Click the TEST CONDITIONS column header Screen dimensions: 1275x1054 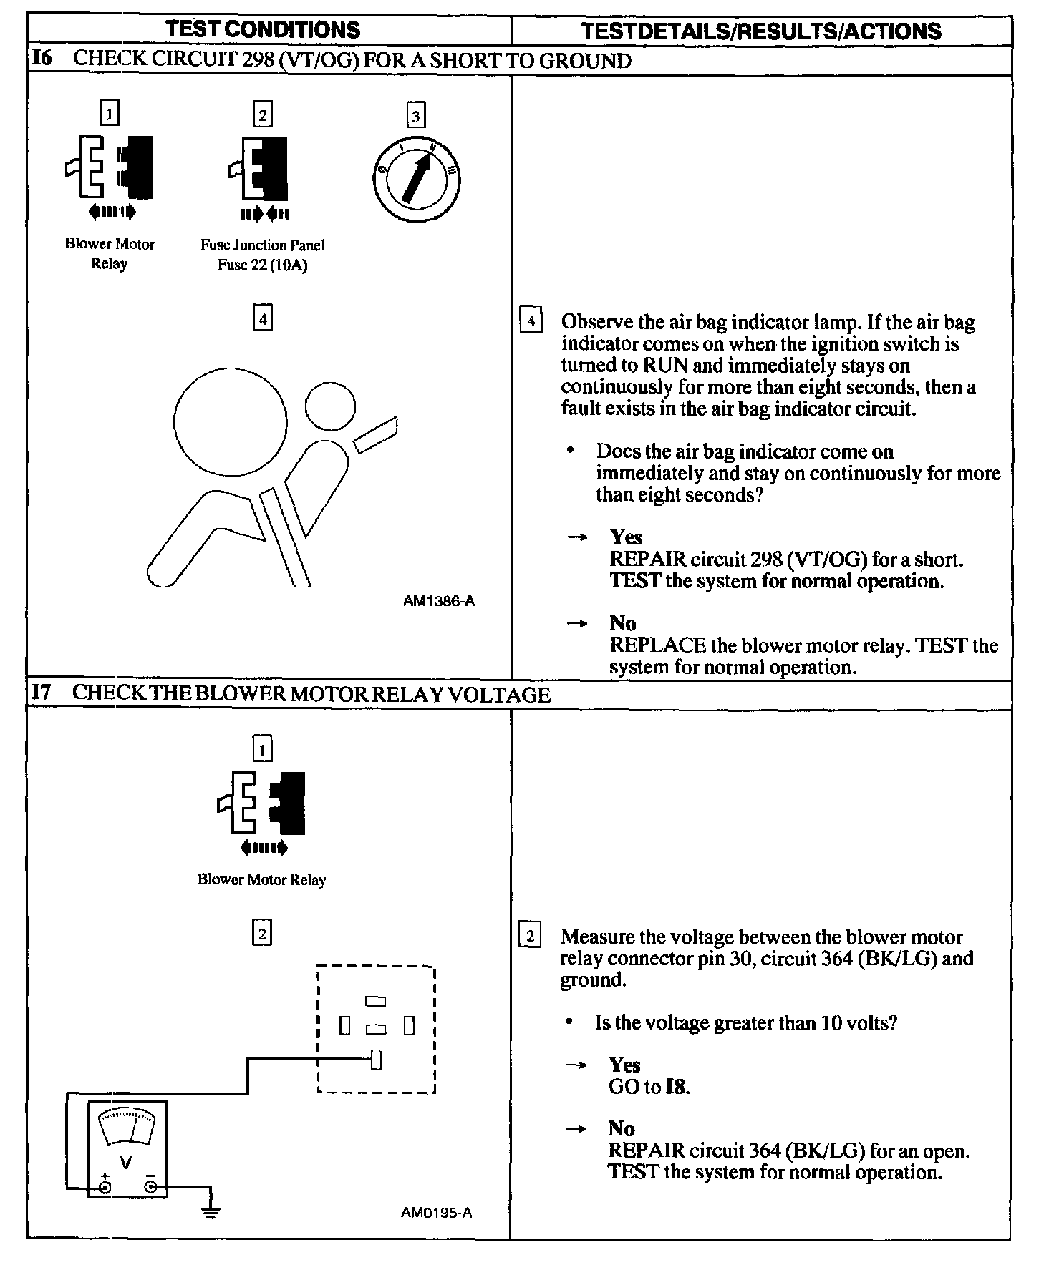pos(263,30)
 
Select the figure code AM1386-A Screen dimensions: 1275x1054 pos(438,601)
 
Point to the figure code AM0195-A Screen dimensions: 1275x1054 pos(436,1212)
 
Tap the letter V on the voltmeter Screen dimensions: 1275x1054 pos(126,1163)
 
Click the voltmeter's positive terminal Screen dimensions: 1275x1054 pos(105,1188)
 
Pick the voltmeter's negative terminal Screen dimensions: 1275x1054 pos(150,1188)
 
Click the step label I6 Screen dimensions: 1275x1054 pos(42,59)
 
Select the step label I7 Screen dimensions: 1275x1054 pos(42,693)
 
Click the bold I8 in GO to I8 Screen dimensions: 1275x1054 pos(676,1087)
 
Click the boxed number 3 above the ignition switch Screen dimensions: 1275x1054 pos(415,115)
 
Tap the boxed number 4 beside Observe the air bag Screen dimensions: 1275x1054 pos(530,320)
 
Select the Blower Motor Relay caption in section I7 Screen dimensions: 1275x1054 pos(261,880)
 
